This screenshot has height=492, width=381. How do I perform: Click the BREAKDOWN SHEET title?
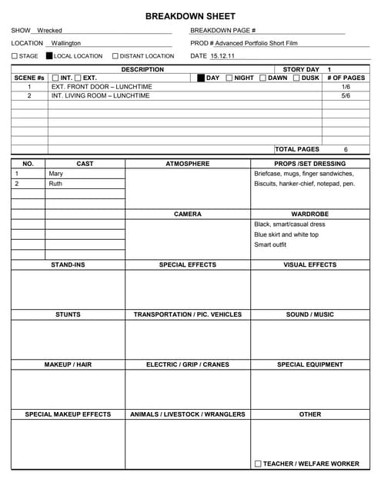[x=190, y=15]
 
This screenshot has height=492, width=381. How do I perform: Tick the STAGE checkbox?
[x=14, y=56]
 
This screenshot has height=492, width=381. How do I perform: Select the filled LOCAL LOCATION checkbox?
[x=49, y=56]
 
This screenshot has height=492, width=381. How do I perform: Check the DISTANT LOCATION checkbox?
[x=115, y=56]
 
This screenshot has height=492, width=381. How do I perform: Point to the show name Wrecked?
[x=50, y=30]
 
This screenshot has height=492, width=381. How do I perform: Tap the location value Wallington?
[x=66, y=43]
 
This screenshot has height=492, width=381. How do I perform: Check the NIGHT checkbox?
[x=229, y=78]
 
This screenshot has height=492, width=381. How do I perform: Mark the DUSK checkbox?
[x=296, y=78]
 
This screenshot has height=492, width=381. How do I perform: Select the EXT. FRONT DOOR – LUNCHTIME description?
[x=102, y=87]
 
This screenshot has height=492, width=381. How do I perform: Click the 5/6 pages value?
[x=346, y=96]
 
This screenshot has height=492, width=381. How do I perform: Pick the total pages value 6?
[x=346, y=149]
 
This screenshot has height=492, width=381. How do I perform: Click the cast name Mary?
[x=56, y=174]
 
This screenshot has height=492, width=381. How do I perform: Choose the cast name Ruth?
[x=55, y=184]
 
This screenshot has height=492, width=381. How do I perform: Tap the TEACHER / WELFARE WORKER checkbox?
[x=258, y=464]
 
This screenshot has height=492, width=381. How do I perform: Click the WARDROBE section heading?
[x=309, y=214]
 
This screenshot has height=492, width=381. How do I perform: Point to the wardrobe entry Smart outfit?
[x=270, y=244]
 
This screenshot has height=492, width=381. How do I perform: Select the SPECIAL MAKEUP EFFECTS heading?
[x=68, y=414]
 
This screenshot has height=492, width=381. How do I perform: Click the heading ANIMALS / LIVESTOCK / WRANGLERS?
[x=188, y=414]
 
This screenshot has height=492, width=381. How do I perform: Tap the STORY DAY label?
[x=301, y=69]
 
